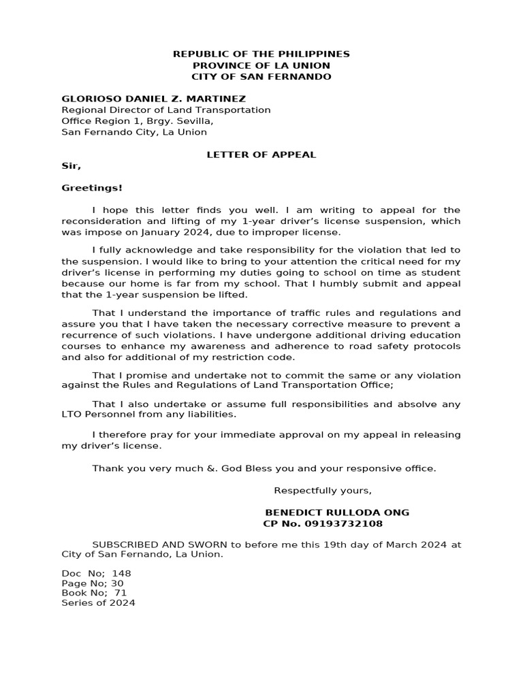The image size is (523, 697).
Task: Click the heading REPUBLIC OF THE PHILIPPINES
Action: click(261, 54)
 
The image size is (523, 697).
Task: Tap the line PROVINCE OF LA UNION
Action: click(261, 65)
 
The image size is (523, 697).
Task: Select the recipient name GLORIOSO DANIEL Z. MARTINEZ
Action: click(154, 99)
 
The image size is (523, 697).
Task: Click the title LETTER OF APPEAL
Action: click(261, 155)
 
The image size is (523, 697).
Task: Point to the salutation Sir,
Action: click(72, 165)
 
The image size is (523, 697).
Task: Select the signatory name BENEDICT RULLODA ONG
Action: click(337, 513)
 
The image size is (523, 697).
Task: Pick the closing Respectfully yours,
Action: click(323, 491)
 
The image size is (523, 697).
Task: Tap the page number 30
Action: click(117, 583)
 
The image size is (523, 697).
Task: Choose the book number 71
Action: click(121, 593)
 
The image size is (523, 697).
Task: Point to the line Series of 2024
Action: click(99, 602)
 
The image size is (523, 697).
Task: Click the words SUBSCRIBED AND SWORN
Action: click(154, 545)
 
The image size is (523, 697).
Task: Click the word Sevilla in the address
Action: click(195, 121)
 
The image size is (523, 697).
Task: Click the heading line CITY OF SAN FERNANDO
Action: click(261, 76)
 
